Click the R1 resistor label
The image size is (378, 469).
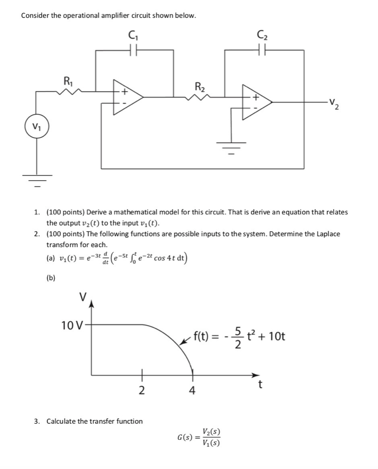pyautogui.click(x=68, y=82)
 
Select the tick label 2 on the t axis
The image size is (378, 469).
pyautogui.click(x=141, y=390)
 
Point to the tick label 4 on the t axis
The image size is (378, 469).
pyautogui.click(x=193, y=390)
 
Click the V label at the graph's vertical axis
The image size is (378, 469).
pyautogui.click(x=82, y=297)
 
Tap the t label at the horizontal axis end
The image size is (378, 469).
pyautogui.click(x=260, y=385)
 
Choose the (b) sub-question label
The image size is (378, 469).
pyautogui.click(x=51, y=278)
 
